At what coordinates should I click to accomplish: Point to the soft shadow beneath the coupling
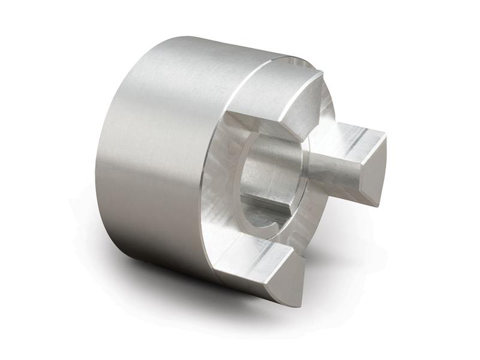tap(180, 282)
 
